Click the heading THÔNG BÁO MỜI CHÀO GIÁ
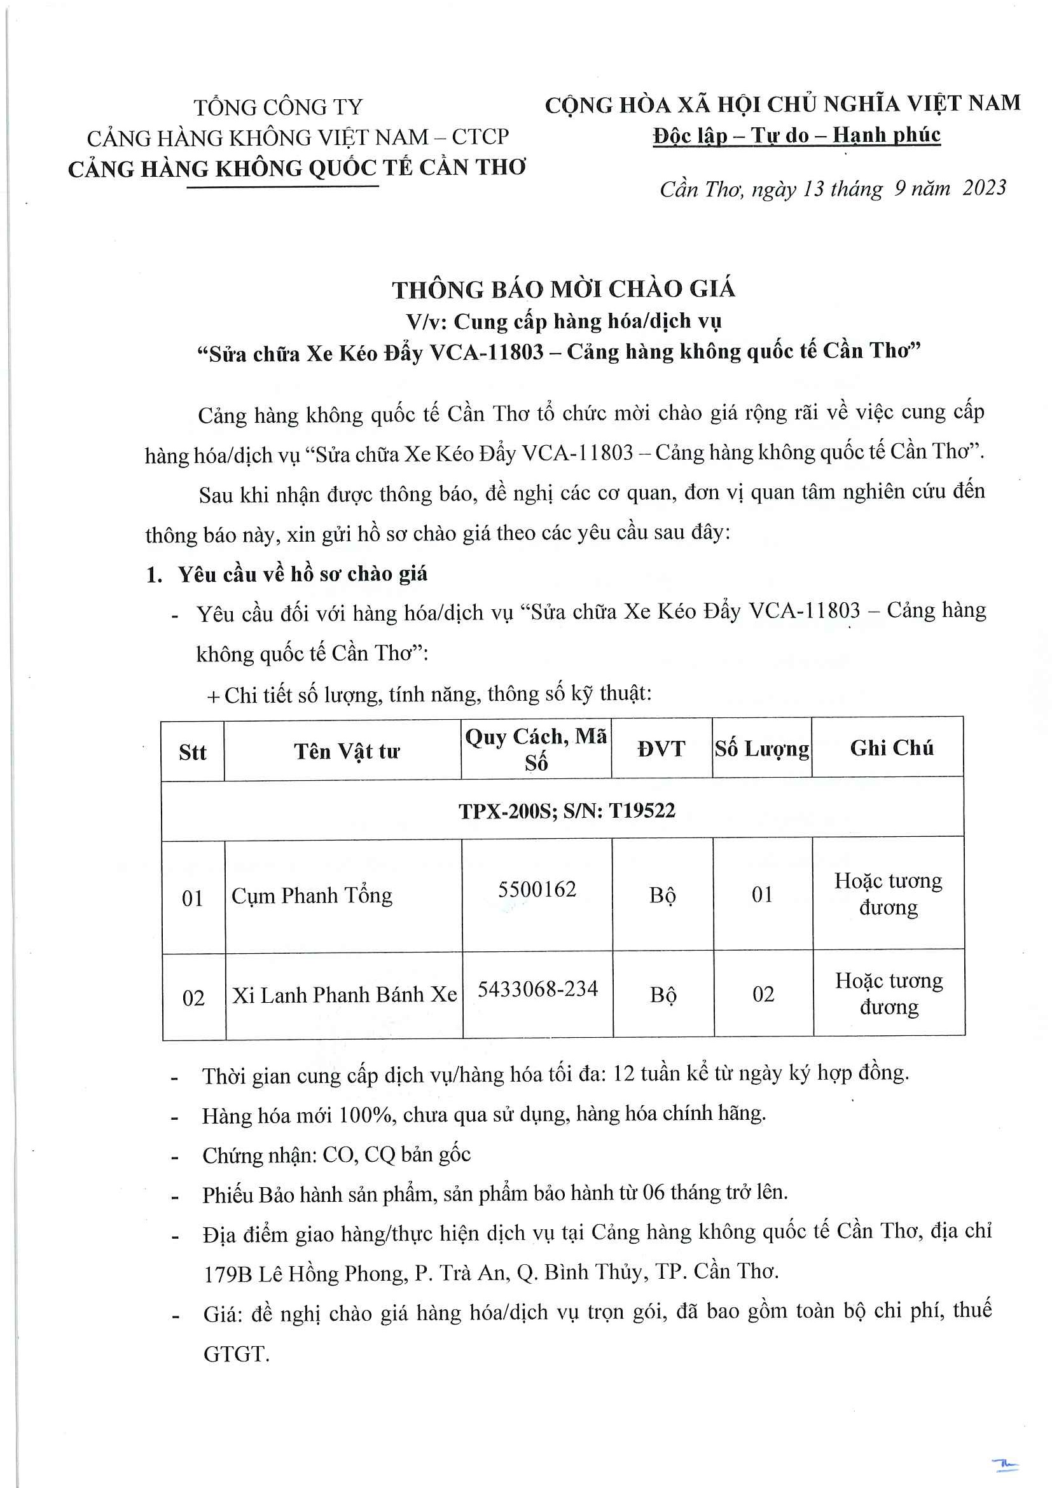564,289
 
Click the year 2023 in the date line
984,188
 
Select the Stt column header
193,752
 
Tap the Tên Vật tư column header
346,751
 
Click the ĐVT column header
661,749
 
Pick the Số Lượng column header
761,749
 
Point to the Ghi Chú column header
891,748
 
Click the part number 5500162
537,889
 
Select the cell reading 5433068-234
537,989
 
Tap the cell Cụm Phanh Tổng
312,895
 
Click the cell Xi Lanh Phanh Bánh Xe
344,995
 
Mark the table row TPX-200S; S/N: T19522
567,811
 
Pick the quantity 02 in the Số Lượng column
763,994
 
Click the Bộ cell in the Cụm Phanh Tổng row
663,895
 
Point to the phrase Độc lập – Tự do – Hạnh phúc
796,135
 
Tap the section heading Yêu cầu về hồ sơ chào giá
303,574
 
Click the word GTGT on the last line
236,1354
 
